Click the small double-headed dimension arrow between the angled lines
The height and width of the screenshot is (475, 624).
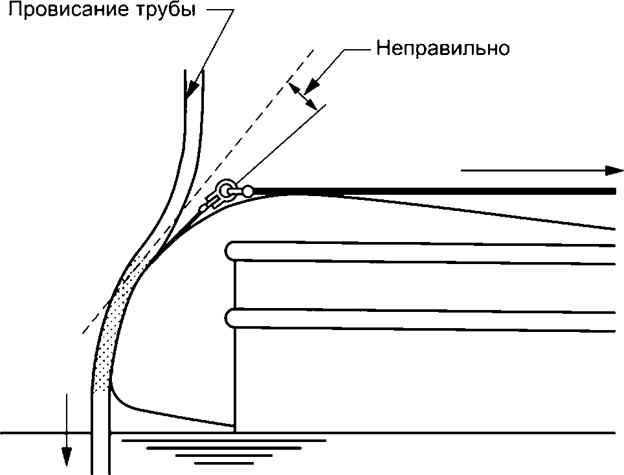[x=302, y=94]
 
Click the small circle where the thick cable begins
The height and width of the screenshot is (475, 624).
[x=248, y=191]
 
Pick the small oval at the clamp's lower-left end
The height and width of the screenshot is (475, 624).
[x=203, y=208]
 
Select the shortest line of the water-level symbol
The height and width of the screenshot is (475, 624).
[x=216, y=463]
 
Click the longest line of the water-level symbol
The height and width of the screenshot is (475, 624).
[x=223, y=440]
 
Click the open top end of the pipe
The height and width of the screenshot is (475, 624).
[x=194, y=71]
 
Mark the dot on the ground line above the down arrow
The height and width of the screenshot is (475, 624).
[x=66, y=432]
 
